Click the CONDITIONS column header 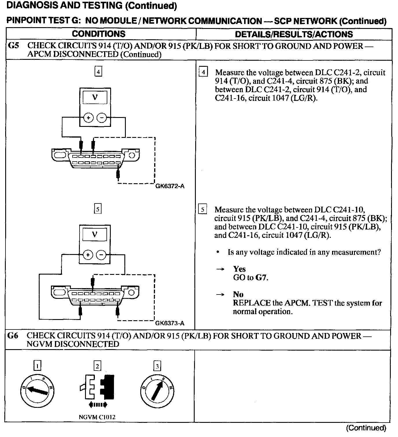coord(99,34)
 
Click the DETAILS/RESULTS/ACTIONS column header coord(294,34)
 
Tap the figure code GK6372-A coord(170,186)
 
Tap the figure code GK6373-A coord(170,323)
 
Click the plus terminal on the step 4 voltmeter coord(89,118)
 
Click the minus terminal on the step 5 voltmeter coord(101,255)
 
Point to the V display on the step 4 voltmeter coord(95,97)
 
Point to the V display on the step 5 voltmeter coord(95,234)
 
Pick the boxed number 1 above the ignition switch coord(37,366)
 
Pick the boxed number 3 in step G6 coord(157,366)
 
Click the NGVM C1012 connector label coord(97,417)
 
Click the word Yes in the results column coord(239,269)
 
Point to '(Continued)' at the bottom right coord(366,428)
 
